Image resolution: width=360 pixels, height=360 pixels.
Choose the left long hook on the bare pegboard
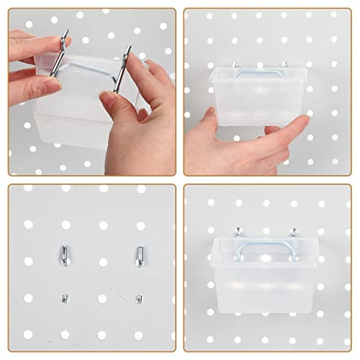[63, 254]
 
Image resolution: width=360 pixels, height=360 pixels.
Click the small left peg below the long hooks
[63, 295]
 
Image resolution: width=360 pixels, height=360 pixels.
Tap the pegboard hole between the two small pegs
[102, 298]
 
